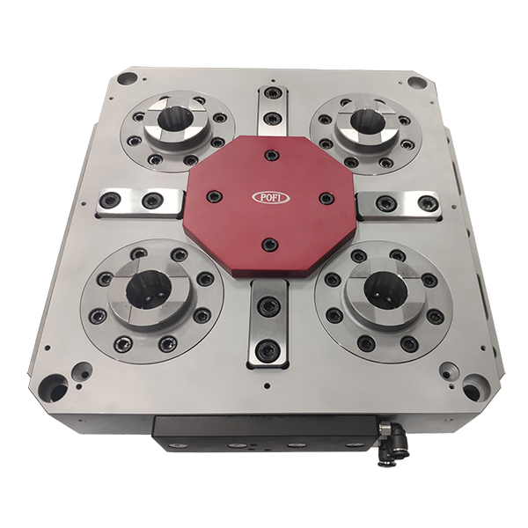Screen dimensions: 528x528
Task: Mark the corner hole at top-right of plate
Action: pos(416,82)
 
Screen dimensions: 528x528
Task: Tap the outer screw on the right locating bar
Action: pos(429,204)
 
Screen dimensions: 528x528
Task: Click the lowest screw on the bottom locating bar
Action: pos(268,350)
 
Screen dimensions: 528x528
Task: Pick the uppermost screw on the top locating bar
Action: pos(274,93)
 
